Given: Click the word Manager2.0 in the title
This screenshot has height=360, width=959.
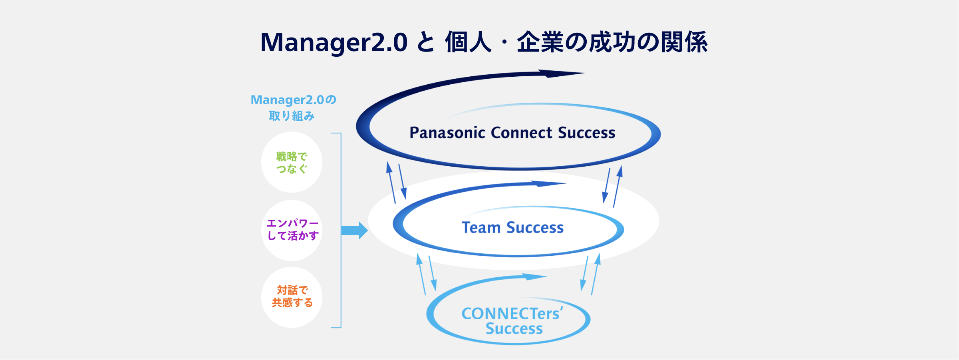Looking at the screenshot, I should (334, 42).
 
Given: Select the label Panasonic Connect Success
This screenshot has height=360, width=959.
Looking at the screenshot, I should (512, 133).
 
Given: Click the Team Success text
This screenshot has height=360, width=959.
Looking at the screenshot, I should (512, 228).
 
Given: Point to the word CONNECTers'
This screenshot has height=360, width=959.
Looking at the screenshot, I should (512, 314).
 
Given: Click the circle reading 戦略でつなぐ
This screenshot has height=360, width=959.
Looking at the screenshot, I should (292, 163).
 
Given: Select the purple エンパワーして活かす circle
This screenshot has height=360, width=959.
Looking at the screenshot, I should (292, 230).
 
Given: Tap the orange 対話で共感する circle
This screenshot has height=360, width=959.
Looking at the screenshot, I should (292, 297).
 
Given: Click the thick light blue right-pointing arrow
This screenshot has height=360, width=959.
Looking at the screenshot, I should (355, 231).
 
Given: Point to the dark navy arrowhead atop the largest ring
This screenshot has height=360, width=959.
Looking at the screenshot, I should (559, 74).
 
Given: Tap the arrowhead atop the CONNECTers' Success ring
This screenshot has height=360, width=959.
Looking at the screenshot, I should (533, 276).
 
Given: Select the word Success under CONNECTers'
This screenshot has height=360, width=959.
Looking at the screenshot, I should (514, 329).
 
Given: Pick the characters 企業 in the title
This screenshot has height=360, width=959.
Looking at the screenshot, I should (540, 42).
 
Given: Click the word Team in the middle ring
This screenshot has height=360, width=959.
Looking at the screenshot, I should (481, 228).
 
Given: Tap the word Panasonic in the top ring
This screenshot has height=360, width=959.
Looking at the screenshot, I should (447, 133).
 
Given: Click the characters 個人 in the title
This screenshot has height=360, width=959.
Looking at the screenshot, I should (468, 42).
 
